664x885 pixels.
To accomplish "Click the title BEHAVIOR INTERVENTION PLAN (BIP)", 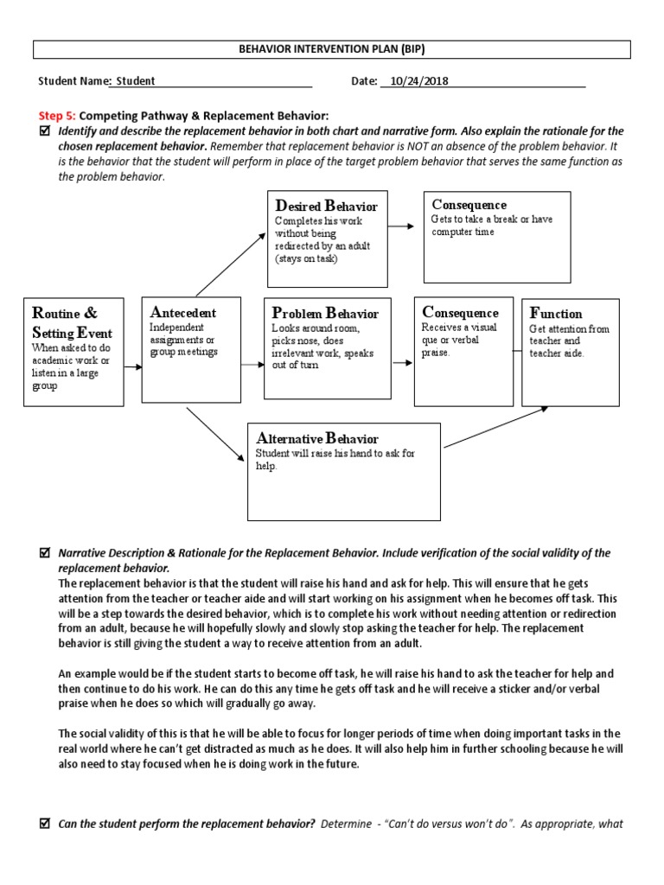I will (x=332, y=50).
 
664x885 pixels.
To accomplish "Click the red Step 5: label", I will (x=57, y=115).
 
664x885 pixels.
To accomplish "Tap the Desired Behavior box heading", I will (x=326, y=206).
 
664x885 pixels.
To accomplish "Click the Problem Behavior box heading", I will (x=325, y=313).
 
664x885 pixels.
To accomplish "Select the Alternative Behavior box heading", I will (x=317, y=438).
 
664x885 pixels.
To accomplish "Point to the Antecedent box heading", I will (x=182, y=312).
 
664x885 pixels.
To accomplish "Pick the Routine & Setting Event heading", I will (x=67, y=322).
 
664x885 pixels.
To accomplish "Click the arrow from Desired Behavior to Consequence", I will (x=403, y=226).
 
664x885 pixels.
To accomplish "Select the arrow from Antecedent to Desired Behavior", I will (x=231, y=264).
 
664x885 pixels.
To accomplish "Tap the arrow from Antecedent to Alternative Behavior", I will (x=215, y=432).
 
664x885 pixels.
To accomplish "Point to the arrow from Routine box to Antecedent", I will (x=132, y=367).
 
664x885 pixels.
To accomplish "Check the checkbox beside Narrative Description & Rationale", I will (x=45, y=552).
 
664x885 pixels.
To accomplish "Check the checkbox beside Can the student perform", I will (x=45, y=824).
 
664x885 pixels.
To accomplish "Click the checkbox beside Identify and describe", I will (x=45, y=131).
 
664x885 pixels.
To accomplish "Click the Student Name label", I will (x=73, y=81).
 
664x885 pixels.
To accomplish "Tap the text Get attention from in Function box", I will (x=569, y=329).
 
